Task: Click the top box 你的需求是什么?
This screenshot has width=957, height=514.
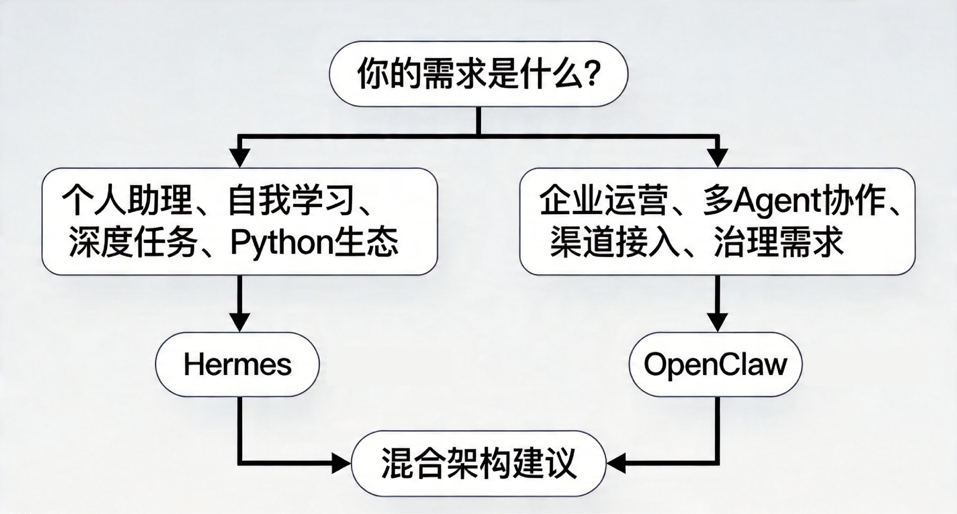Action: [478, 74]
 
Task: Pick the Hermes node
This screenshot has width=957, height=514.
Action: [237, 364]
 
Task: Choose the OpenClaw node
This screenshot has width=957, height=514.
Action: [715, 364]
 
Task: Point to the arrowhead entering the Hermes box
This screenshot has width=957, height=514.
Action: [240, 322]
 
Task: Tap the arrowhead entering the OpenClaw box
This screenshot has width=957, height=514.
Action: [717, 322]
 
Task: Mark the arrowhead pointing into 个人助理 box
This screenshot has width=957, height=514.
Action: [240, 158]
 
